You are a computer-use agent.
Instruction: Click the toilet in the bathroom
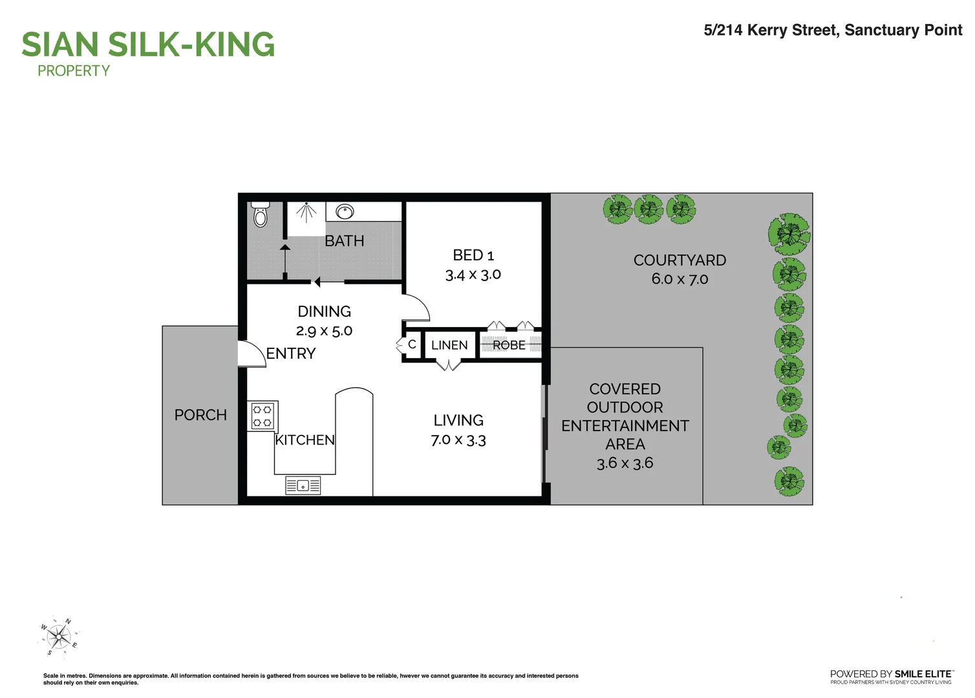pyautogui.click(x=261, y=215)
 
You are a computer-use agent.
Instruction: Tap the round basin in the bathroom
pyautogui.click(x=345, y=211)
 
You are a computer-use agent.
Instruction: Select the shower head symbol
pyautogui.click(x=306, y=211)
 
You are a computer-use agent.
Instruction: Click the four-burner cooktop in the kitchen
pyautogui.click(x=262, y=416)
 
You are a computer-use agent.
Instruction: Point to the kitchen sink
pyautogui.click(x=303, y=485)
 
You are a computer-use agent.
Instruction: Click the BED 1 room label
pyautogui.click(x=473, y=255)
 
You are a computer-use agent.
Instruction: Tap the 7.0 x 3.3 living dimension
pyautogui.click(x=458, y=440)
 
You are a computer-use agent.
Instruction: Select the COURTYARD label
pyautogui.click(x=680, y=260)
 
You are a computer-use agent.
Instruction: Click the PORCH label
pyautogui.click(x=200, y=415)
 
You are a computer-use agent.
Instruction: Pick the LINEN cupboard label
pyautogui.click(x=449, y=345)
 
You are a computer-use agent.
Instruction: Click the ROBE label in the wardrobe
pyautogui.click(x=509, y=345)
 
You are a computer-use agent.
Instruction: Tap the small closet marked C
pyautogui.click(x=412, y=344)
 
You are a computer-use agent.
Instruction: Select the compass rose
pyautogui.click(x=59, y=637)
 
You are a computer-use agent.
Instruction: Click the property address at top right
pyautogui.click(x=833, y=30)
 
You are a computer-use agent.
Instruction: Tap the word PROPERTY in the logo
pyautogui.click(x=74, y=71)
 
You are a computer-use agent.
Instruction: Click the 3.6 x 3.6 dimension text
pyautogui.click(x=625, y=463)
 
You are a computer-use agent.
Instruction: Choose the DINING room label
pyautogui.click(x=324, y=312)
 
